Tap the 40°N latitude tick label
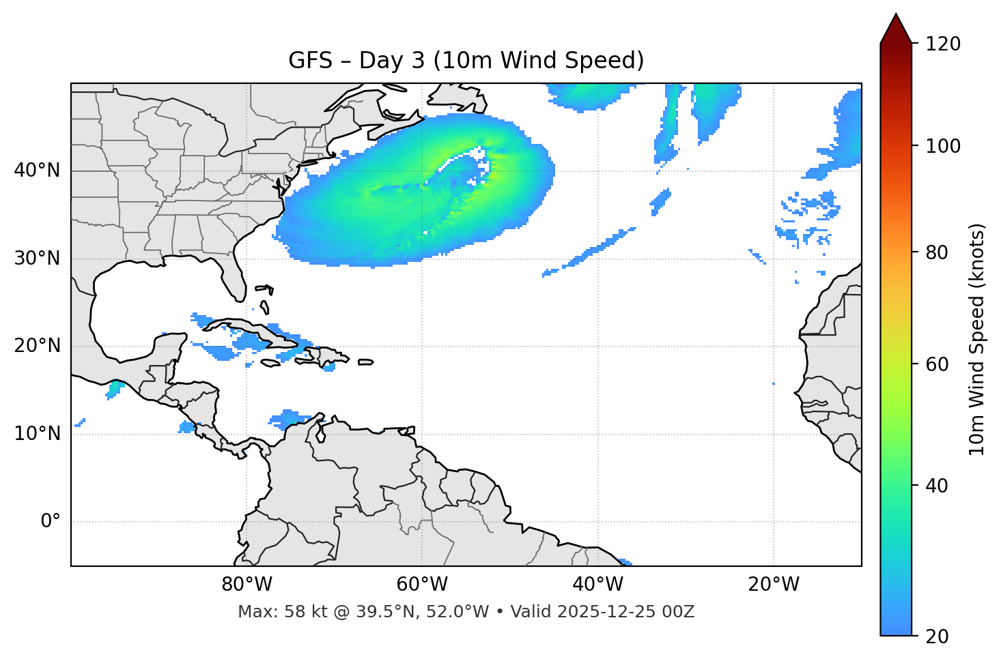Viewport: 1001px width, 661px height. pyautogui.click(x=37, y=171)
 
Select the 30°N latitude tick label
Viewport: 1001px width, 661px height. pyautogui.click(x=37, y=259)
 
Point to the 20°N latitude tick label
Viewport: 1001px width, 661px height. pyautogui.click(x=37, y=346)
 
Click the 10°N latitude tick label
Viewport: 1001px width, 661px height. pyautogui.click(x=37, y=434)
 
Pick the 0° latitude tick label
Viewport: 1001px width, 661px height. pyautogui.click(x=50, y=522)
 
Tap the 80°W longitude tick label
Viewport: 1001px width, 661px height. pyautogui.click(x=246, y=585)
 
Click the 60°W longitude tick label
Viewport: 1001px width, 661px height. pyautogui.click(x=422, y=585)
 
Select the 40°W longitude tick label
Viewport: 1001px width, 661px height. pyautogui.click(x=597, y=585)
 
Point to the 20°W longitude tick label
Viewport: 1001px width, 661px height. pyautogui.click(x=773, y=585)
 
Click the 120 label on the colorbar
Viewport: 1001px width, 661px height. pyautogui.click(x=943, y=44)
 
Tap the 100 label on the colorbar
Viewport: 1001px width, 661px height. pyautogui.click(x=943, y=146)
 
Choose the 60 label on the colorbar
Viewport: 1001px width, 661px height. pyautogui.click(x=937, y=364)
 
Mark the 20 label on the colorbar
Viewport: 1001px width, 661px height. pyautogui.click(x=937, y=636)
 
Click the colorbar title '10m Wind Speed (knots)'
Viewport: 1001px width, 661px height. pyautogui.click(x=977, y=339)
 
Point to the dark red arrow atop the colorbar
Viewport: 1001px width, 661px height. pyautogui.click(x=896, y=29)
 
